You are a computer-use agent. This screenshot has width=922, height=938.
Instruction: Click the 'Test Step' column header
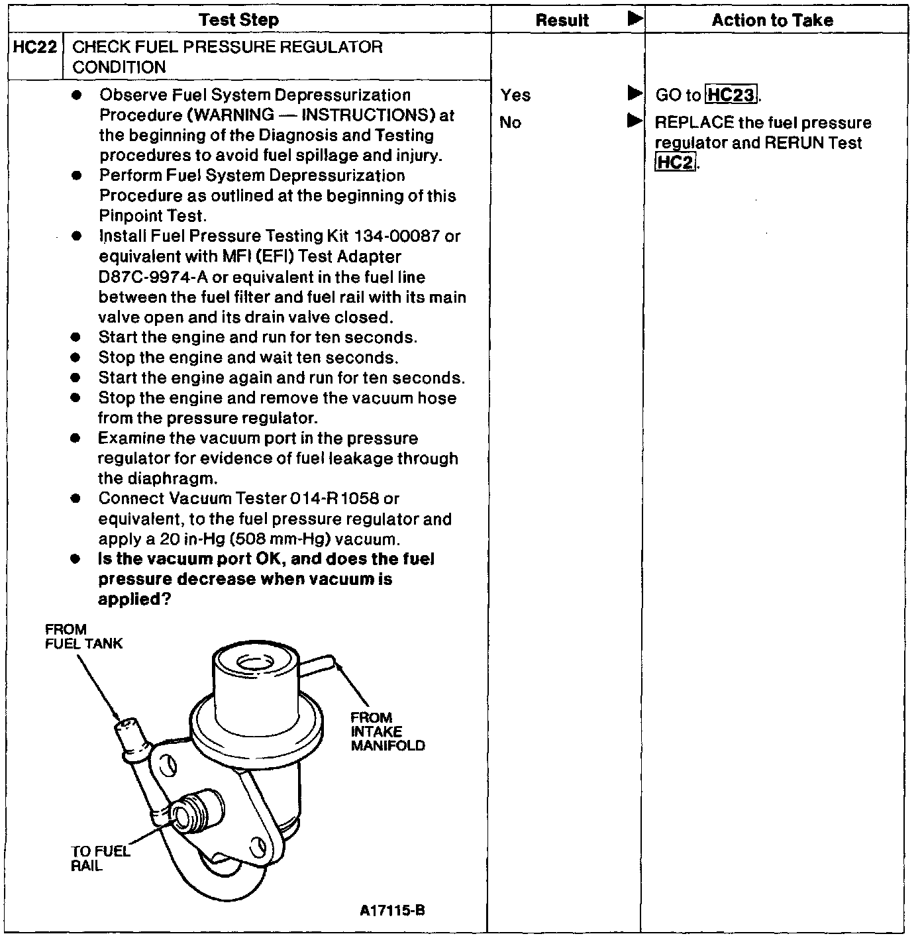tap(238, 20)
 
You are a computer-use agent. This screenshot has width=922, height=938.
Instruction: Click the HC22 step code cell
tap(36, 48)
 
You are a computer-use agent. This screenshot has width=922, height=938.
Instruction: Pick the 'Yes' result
tap(515, 95)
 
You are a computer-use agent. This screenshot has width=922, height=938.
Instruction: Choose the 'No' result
tap(510, 123)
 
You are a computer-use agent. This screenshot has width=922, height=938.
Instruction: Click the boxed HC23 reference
tap(731, 95)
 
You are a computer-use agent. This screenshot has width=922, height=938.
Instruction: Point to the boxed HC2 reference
tap(675, 162)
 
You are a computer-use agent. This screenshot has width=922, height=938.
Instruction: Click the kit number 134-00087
tap(397, 236)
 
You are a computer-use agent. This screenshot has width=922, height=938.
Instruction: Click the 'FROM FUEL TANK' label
tap(83, 637)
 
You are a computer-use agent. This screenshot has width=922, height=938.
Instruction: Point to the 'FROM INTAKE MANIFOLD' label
tap(387, 732)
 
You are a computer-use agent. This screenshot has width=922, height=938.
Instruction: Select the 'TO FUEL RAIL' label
tap(100, 859)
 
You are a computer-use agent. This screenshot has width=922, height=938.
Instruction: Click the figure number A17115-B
tap(392, 911)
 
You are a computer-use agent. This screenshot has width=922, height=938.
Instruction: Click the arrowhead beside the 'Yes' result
tap(635, 94)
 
